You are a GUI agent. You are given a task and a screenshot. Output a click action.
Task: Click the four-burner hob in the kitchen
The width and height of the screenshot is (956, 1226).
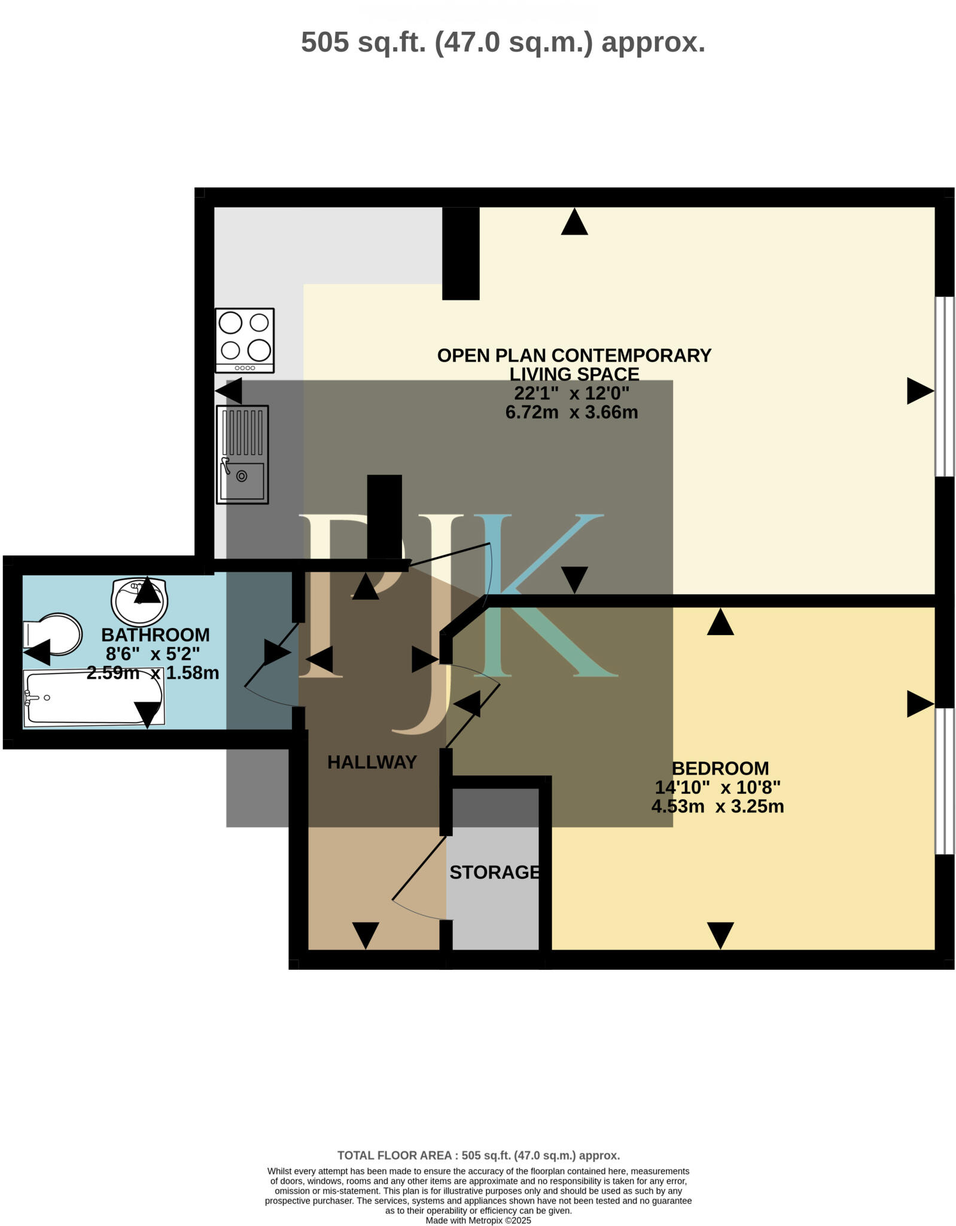[244, 340]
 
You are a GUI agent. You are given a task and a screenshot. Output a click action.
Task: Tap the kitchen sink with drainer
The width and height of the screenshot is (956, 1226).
[242, 454]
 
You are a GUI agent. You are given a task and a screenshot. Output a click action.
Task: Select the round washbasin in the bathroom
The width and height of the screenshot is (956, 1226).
[139, 600]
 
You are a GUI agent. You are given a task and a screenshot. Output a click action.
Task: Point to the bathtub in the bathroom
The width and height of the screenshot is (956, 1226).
[93, 697]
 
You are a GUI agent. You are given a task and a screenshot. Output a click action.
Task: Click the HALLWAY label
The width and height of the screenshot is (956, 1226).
[372, 762]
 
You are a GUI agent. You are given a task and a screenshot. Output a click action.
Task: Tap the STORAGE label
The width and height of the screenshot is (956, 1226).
[495, 872]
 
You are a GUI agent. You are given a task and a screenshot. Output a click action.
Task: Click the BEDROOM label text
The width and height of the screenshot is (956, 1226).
[720, 768]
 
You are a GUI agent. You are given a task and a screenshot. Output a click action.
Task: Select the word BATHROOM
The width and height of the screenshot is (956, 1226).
[156, 635]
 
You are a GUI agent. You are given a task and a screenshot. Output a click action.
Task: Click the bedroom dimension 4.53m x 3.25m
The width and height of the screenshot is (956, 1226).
[717, 806]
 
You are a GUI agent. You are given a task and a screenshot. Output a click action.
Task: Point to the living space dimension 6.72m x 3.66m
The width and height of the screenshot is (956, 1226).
[571, 412]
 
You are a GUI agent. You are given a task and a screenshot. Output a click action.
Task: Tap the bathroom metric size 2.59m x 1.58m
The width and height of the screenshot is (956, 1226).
[153, 673]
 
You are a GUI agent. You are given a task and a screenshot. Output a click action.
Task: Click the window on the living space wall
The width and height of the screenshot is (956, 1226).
[945, 386]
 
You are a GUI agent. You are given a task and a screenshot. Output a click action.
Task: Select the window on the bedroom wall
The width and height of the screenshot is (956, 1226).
[945, 781]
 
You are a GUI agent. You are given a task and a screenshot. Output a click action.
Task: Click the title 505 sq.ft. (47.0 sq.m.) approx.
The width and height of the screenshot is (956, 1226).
[503, 43]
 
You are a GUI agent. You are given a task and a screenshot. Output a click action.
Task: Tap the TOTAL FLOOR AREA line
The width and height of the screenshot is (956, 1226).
[478, 1155]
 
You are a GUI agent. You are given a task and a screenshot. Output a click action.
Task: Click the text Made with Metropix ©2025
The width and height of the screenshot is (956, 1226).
[478, 1221]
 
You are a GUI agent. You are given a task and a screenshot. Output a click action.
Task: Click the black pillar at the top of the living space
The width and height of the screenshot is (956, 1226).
[460, 253]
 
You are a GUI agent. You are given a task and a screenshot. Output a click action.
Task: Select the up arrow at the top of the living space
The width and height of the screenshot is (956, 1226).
[574, 222]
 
